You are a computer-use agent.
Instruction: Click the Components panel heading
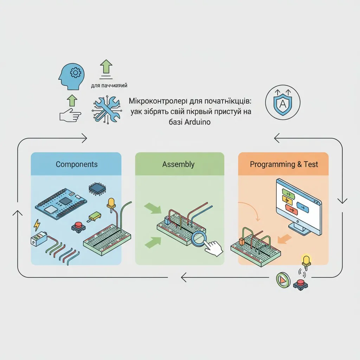click(77, 164)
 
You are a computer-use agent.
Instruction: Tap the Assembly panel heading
click(178, 164)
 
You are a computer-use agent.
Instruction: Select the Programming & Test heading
click(284, 164)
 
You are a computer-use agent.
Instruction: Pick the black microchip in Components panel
click(97, 189)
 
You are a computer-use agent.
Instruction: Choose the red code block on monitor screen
click(291, 210)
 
